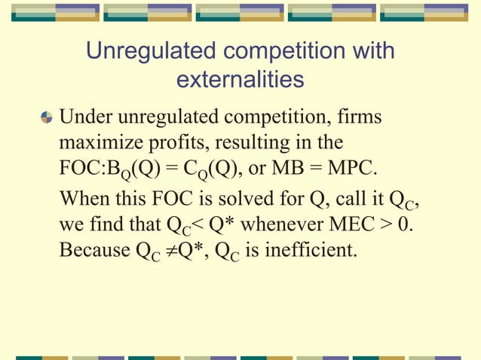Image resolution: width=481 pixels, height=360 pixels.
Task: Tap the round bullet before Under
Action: coord(46,117)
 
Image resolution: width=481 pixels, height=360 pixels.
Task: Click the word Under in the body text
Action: coord(85,118)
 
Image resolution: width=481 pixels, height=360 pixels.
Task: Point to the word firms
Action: coord(357,118)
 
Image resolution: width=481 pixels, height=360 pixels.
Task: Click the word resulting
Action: coord(256,142)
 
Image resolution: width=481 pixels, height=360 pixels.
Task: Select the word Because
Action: coord(93,249)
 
